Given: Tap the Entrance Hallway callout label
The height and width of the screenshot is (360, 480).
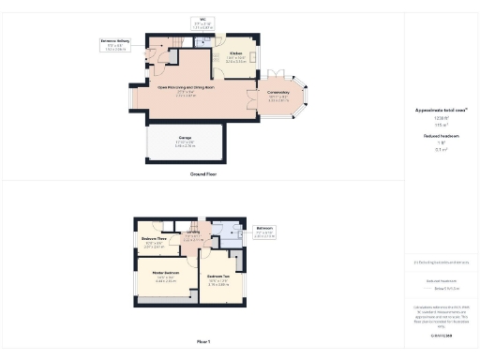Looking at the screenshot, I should click(x=115, y=41).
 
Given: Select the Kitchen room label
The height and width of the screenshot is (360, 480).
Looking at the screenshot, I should click(x=236, y=53).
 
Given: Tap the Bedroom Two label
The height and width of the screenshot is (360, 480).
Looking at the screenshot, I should click(x=219, y=277).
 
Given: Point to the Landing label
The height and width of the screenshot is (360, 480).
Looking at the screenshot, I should click(x=192, y=234).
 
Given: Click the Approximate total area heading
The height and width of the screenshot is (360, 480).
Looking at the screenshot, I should click(x=441, y=110).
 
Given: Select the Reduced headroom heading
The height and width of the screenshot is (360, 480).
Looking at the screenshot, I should click(x=441, y=136).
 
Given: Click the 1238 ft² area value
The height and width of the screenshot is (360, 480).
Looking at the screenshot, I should click(x=441, y=117).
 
